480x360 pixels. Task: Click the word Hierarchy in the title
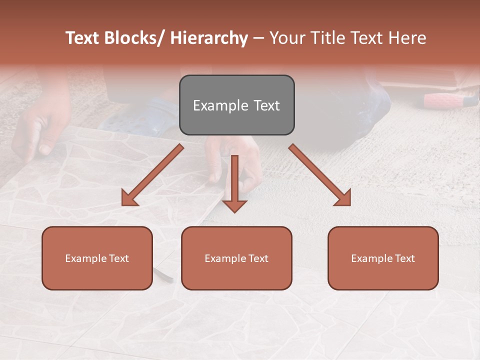pos(208,38)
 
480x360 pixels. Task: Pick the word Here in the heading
pos(408,38)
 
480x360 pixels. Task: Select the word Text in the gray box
pos(266,105)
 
